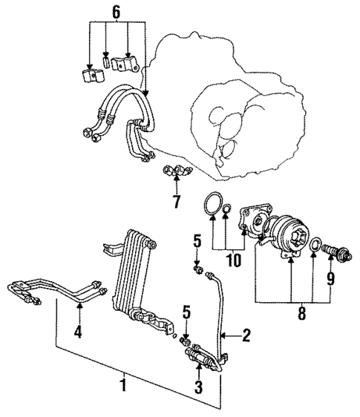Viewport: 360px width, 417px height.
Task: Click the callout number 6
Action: point(114,13)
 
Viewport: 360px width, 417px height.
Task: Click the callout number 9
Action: point(331,280)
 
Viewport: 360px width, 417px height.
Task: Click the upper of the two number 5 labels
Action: point(197,240)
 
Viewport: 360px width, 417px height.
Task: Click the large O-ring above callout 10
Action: point(214,204)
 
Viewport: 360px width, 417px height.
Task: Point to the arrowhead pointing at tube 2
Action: point(225,335)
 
